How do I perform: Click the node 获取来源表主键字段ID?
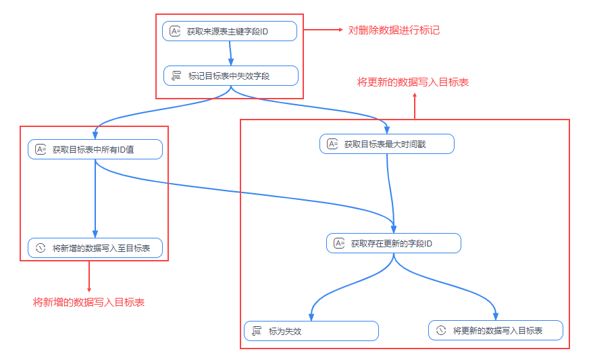(x=230, y=31)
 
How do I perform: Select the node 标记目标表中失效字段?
(x=230, y=76)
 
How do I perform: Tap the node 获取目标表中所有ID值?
(x=95, y=149)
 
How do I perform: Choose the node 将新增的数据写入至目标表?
(x=95, y=248)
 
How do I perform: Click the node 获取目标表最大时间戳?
(x=386, y=144)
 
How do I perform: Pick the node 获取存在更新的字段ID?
(x=393, y=243)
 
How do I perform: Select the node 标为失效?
(x=311, y=331)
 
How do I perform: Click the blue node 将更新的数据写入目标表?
(x=495, y=330)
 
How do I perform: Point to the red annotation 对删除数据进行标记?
(x=394, y=30)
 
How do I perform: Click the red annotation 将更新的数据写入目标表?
(x=413, y=82)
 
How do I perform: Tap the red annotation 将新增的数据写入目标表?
(x=88, y=302)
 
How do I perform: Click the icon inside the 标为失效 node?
(x=257, y=331)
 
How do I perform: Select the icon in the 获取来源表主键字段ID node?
(x=175, y=31)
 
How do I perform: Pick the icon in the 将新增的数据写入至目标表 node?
(x=40, y=248)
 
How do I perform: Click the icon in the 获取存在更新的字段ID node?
(x=338, y=243)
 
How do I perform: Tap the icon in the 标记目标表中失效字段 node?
(x=176, y=76)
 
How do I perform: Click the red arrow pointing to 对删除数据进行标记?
(x=324, y=30)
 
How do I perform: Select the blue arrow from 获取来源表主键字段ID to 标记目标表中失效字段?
(x=230, y=53)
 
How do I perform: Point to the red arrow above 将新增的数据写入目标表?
(x=89, y=276)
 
